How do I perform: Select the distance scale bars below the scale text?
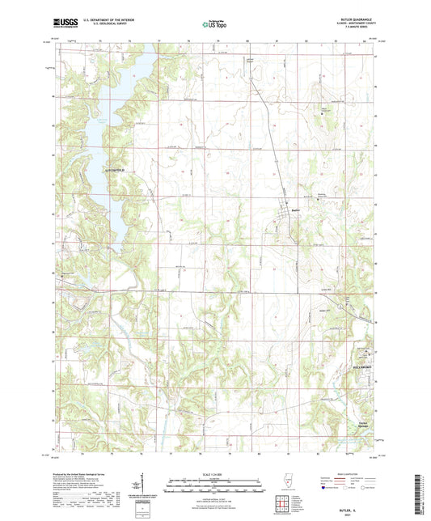pos(214,487)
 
